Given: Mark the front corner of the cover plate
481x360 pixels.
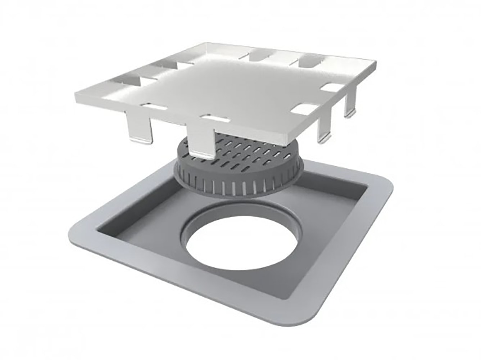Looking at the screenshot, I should point(288,139).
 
